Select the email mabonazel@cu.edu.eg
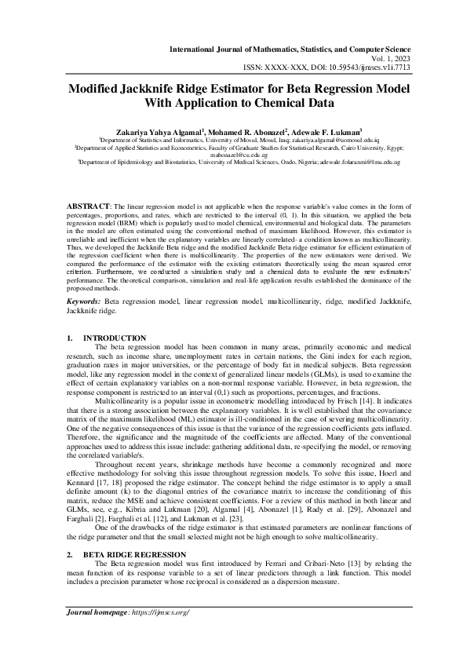point(232,155)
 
